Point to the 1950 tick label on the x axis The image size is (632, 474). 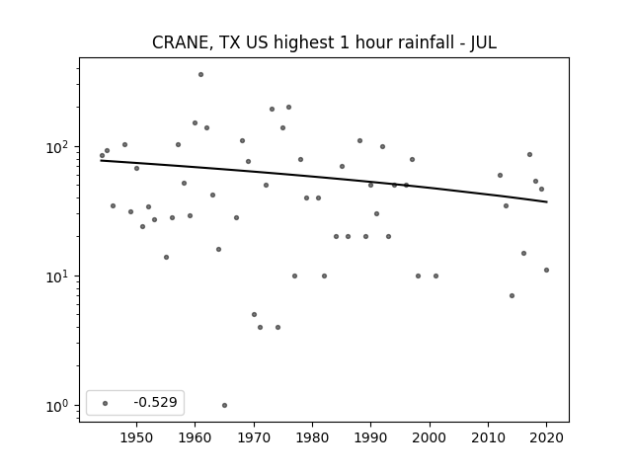coord(136,437)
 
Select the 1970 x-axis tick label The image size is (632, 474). coord(254,437)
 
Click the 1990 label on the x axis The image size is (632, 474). coord(371,437)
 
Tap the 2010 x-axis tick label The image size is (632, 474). coord(488,437)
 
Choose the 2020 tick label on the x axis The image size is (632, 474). coord(546,437)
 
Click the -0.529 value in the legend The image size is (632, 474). coord(156,402)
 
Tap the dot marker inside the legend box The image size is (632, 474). coord(106,403)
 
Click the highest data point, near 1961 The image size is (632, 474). coord(200,75)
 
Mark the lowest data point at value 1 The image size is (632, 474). coord(224,406)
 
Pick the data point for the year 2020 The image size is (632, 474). coord(546,270)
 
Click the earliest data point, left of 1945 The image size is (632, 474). coord(102,156)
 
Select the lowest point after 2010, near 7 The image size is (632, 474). coord(512,296)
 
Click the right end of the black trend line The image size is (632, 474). coord(547,201)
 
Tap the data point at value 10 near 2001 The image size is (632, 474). coord(435,276)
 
